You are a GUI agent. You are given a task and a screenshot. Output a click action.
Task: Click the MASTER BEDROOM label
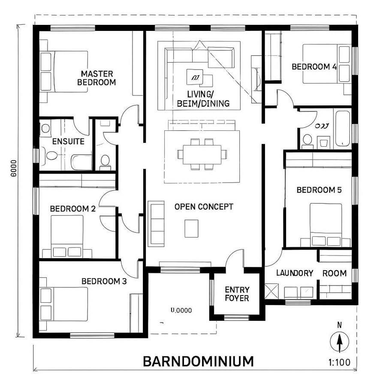[96, 78]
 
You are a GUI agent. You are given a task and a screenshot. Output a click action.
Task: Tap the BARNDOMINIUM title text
[198, 361]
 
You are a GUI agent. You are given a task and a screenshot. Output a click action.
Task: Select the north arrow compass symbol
[340, 342]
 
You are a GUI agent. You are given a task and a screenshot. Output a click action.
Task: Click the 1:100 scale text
[340, 362]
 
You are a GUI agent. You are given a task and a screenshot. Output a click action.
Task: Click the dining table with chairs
[202, 154]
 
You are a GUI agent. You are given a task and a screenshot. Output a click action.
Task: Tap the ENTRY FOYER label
[237, 294]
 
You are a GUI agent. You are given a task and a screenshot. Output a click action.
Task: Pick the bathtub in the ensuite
[81, 162]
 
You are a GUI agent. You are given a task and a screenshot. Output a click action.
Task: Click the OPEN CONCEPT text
[204, 207]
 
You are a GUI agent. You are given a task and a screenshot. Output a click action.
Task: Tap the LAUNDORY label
[294, 273]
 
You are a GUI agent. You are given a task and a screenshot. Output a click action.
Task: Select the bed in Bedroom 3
[64, 304]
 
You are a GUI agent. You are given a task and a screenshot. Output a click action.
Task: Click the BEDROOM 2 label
[73, 209]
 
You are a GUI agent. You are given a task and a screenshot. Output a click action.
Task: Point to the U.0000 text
[181, 310]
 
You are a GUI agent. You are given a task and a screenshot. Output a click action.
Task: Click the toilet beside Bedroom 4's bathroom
[307, 140]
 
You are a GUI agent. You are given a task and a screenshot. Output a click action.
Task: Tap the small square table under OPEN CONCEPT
[191, 228]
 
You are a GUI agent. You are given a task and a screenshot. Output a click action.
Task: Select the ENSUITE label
[68, 142]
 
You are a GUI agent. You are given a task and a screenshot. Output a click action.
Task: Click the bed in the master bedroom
[64, 71]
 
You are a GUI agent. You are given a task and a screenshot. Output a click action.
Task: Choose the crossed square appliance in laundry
[271, 291]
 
